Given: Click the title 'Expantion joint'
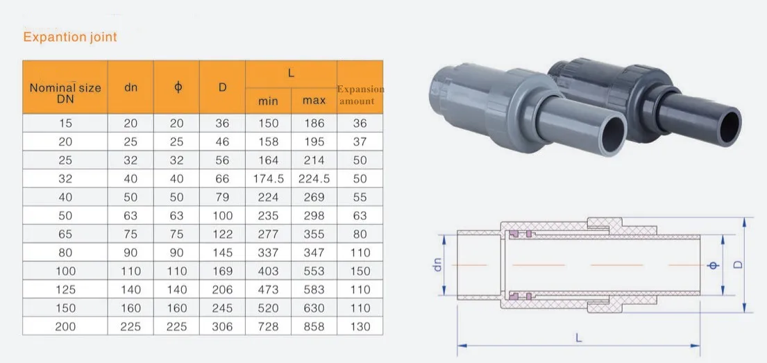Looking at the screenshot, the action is click(x=70, y=37).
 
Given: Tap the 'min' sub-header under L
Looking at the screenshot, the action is click(x=268, y=101).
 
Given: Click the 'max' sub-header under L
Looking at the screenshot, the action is click(x=314, y=101).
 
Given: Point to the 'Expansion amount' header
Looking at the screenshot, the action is click(x=360, y=95).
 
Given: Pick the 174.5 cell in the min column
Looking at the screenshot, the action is click(x=268, y=179).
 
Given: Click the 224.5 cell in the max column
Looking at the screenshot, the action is click(x=314, y=179).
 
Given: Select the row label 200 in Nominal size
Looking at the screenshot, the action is click(x=65, y=327).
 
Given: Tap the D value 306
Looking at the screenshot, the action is click(x=223, y=327).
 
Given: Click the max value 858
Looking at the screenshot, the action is click(x=314, y=327).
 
